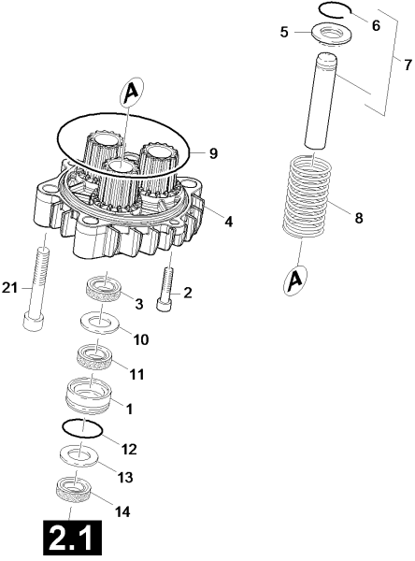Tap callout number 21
9,288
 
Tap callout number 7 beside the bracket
408,65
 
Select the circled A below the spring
295,280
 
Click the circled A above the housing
131,93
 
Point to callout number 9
213,153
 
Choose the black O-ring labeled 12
82,428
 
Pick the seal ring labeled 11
95,357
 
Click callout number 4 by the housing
229,222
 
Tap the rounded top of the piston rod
326,58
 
